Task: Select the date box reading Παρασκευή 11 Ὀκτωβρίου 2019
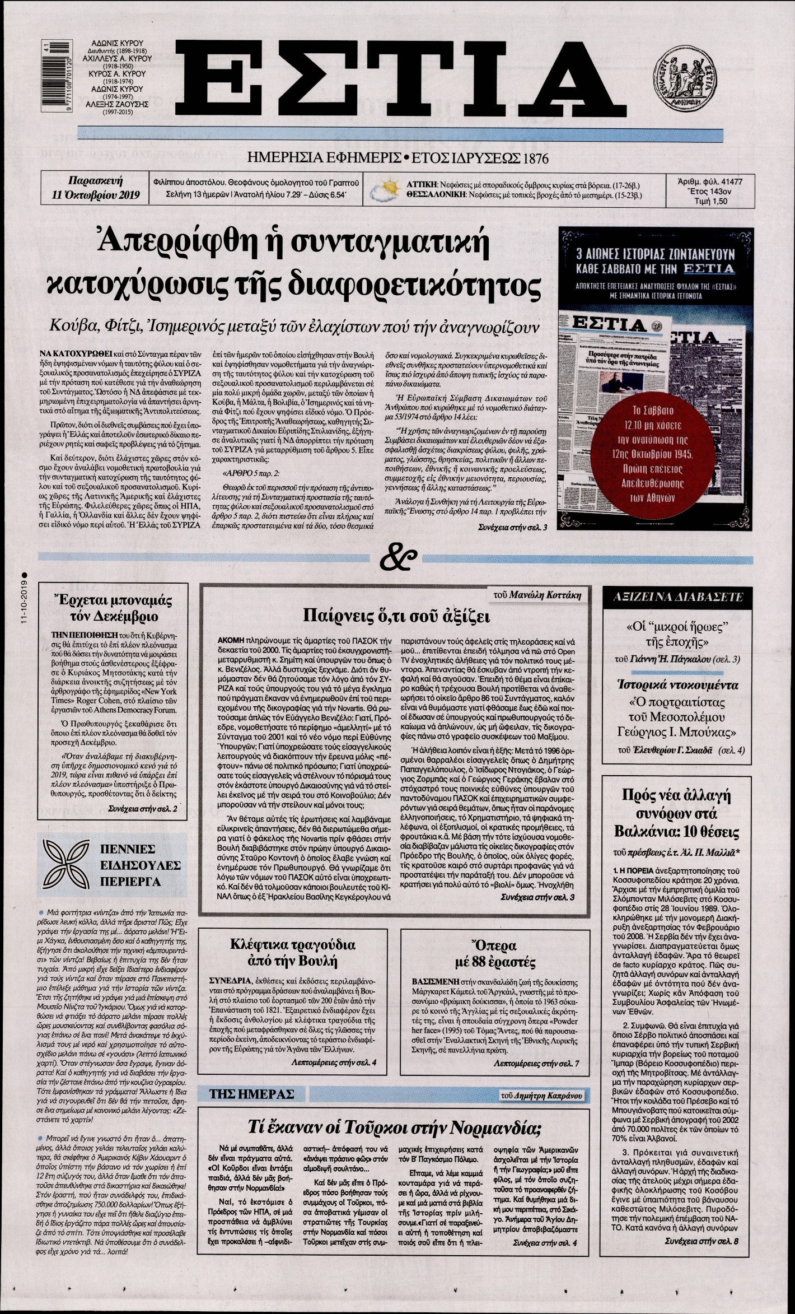[x=94, y=189]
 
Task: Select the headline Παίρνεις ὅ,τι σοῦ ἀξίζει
[x=397, y=617]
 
